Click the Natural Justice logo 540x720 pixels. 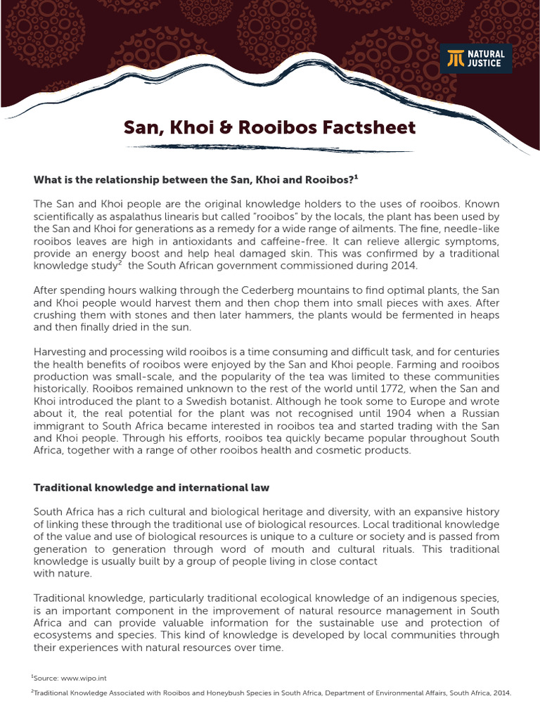(476, 58)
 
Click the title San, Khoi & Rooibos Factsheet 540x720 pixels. (269, 127)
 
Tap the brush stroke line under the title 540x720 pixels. (270, 148)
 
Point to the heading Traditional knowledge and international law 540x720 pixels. (151, 487)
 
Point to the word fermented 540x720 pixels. (432, 315)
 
